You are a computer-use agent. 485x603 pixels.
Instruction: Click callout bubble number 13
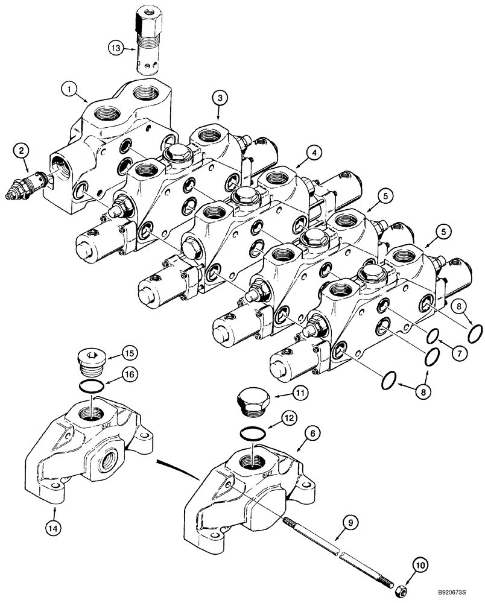116,46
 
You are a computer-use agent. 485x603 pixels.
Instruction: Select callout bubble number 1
72,90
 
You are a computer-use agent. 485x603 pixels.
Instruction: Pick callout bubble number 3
220,97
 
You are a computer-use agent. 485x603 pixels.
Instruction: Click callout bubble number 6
300,434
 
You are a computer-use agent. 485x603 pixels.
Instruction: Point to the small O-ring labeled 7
436,335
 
